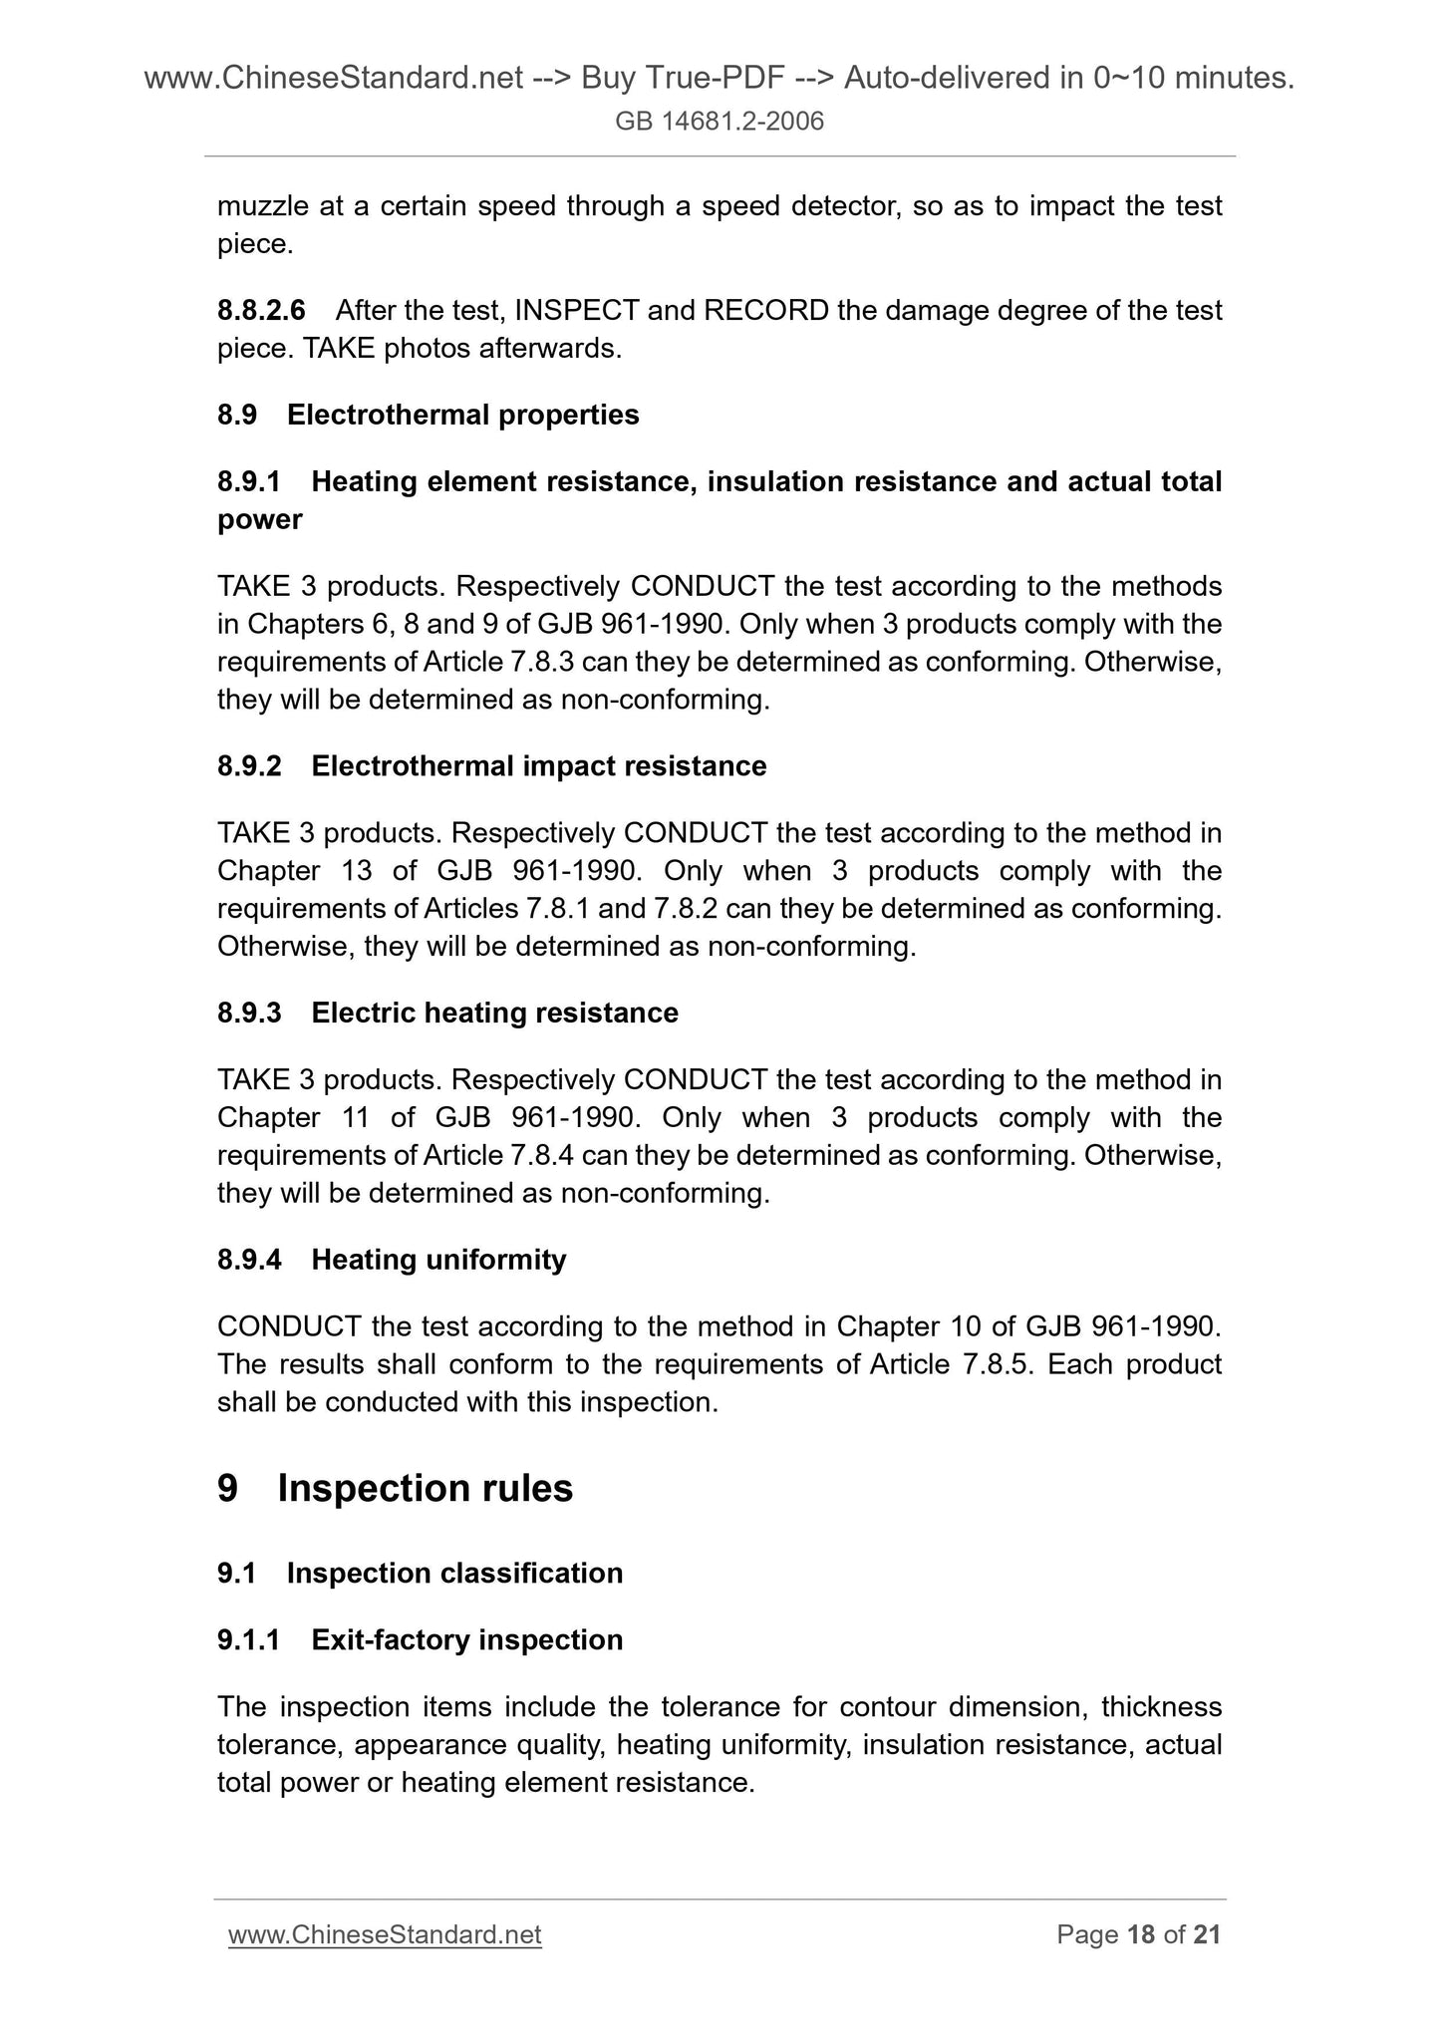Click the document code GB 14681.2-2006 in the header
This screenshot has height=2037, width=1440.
coord(720,123)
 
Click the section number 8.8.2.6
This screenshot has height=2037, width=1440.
coord(261,311)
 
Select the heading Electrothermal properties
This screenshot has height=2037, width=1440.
coord(462,415)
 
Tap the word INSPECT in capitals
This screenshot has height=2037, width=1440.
coord(577,311)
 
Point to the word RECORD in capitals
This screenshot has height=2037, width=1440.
coord(765,311)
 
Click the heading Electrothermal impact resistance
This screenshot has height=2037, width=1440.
coord(538,766)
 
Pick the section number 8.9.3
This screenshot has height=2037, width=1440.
coord(249,1014)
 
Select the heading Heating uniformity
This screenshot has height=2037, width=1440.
coord(438,1261)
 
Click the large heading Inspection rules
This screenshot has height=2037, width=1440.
coord(425,1488)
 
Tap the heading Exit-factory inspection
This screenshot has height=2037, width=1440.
coord(466,1640)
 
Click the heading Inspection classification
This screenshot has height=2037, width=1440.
coord(454,1574)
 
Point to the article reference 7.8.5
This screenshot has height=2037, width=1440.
coord(1001,1364)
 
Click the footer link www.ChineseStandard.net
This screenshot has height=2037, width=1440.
coord(385,1935)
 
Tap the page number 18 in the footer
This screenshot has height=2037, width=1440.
coord(1140,1935)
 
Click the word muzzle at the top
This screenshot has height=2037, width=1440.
coord(260,206)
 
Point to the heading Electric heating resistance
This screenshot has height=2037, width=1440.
coord(494,1014)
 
